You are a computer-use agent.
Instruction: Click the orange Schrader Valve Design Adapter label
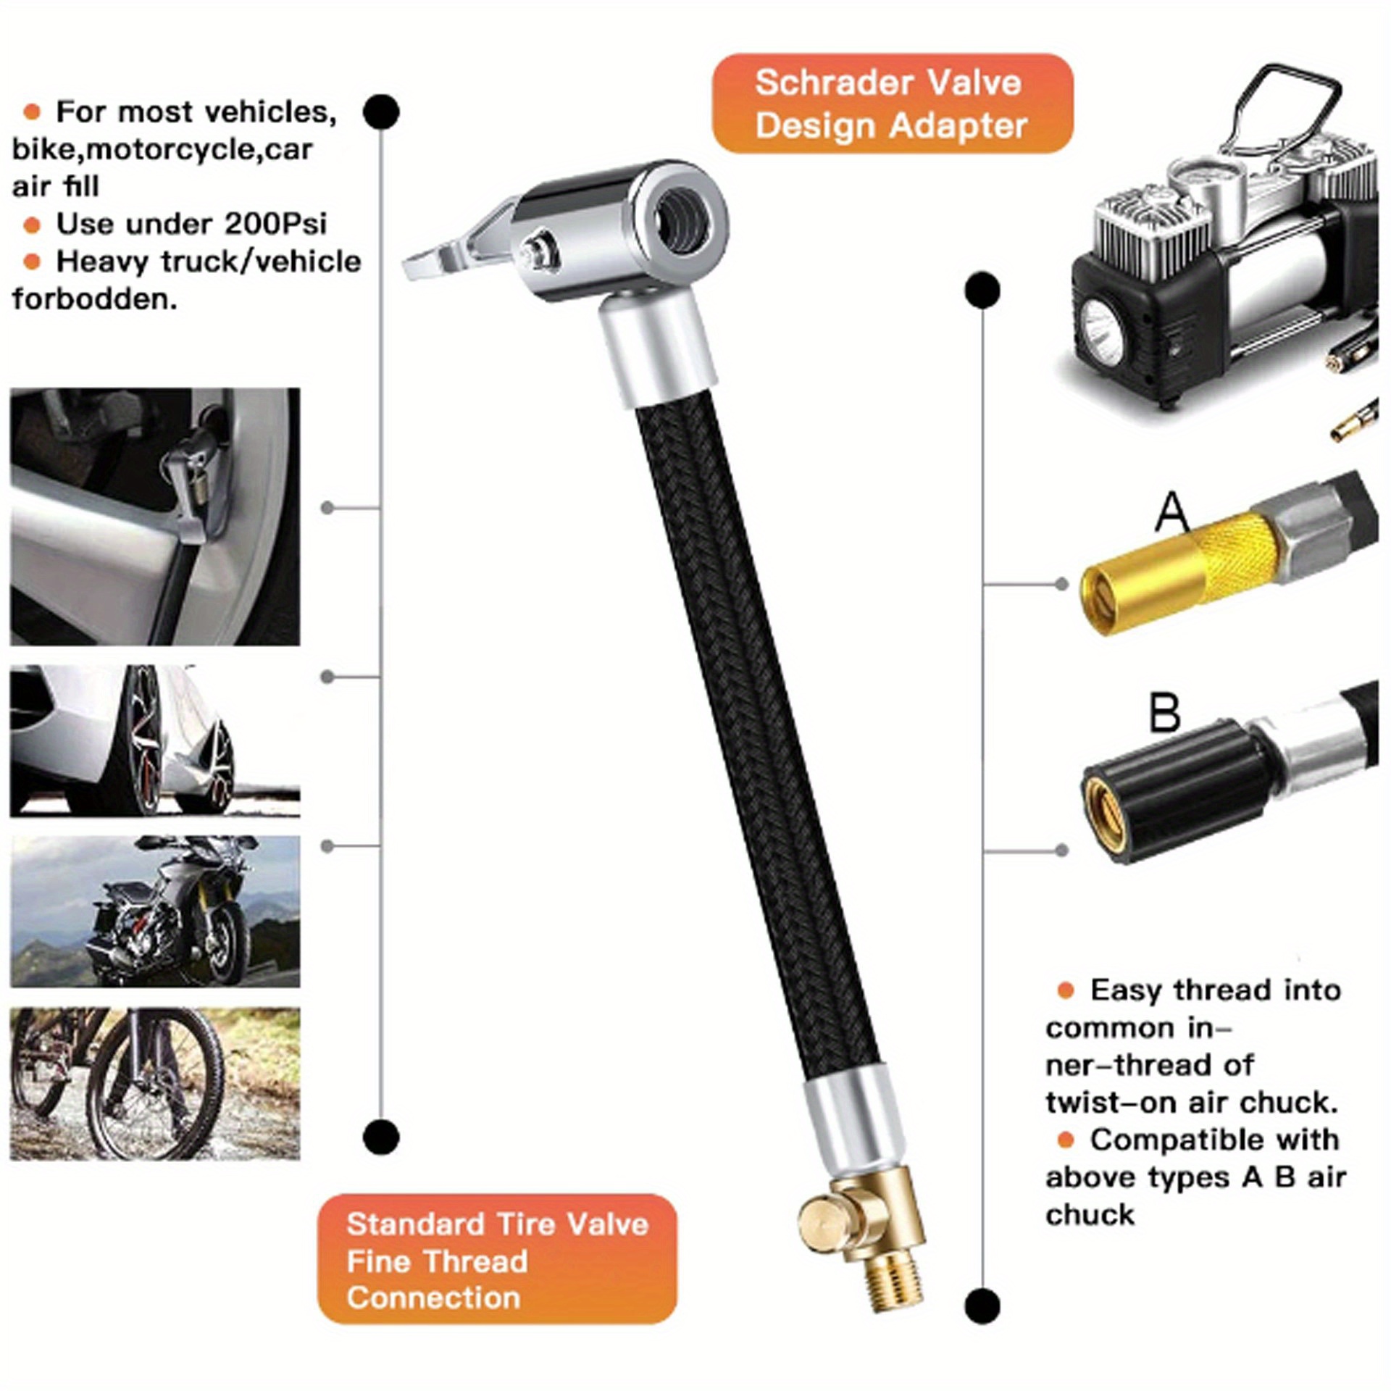coord(892,104)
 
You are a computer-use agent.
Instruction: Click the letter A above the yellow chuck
coord(1171,513)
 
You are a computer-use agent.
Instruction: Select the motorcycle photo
coord(155,911)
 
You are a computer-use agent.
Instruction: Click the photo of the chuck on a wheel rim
coord(155,517)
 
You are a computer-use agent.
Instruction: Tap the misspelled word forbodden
coord(95,299)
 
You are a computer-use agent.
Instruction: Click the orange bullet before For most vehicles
coord(31,112)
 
